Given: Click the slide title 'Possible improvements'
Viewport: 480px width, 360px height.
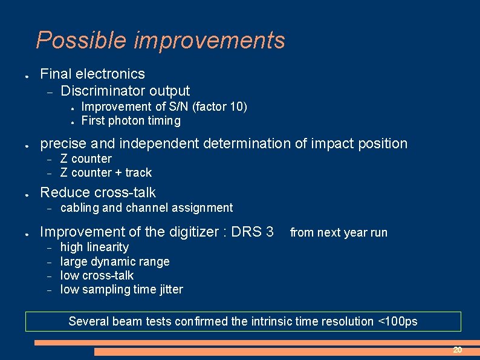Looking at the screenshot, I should pos(160,41).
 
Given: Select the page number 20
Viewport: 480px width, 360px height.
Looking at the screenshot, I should pos(458,350).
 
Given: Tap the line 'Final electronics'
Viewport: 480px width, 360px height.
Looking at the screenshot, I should pos(92,74).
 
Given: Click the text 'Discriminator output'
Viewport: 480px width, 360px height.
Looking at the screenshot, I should pos(125,91).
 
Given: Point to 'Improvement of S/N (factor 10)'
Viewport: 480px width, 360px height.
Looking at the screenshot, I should pos(164,107).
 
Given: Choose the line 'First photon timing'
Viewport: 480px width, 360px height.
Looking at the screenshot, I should pos(131,121).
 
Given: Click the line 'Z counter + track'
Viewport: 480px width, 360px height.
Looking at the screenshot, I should pos(106,173).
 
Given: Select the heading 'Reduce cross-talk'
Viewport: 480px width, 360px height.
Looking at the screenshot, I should pos(97,192).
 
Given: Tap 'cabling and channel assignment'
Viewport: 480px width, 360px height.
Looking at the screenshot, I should pos(146,208).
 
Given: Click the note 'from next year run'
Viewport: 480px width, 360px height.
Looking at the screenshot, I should pos(339,233).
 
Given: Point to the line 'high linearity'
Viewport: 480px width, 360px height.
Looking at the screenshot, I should pos(94,247).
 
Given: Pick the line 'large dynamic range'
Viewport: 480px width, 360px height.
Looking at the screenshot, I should pos(115,261).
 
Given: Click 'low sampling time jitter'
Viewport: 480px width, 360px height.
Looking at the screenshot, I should pos(122,290).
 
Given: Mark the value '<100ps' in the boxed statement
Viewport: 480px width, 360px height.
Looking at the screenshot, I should pos(397,322).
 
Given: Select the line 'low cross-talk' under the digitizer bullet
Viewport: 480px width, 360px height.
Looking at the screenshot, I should pos(97,275).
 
